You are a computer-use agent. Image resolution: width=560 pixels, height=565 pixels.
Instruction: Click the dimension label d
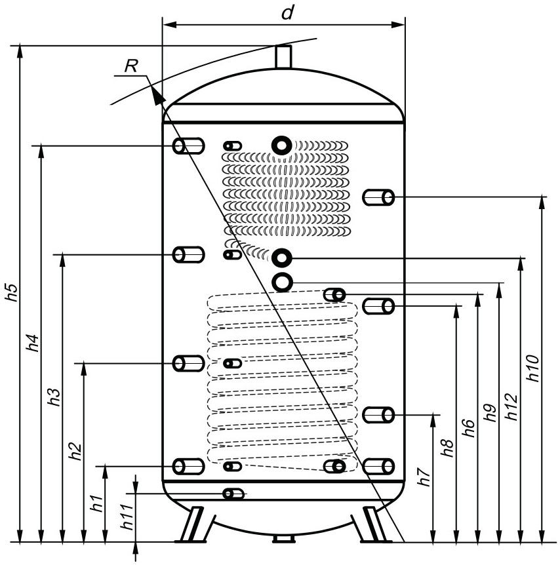(x=287, y=13)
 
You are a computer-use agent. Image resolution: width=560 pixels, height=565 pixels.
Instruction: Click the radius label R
(x=132, y=66)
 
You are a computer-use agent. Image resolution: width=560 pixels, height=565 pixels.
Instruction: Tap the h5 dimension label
(x=12, y=292)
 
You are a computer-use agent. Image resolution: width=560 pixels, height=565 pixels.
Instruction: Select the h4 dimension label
(x=33, y=343)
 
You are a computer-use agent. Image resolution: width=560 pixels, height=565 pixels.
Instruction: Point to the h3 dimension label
(x=54, y=397)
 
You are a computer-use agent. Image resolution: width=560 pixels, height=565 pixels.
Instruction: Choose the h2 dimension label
(x=75, y=451)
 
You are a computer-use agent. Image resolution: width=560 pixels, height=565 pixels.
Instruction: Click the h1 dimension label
(x=97, y=503)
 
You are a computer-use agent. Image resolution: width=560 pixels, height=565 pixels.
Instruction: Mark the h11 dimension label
(x=127, y=516)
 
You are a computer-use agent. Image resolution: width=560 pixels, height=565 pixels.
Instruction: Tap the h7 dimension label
(x=424, y=477)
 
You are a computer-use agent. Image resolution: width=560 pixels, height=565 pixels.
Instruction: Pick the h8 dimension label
(x=447, y=448)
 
